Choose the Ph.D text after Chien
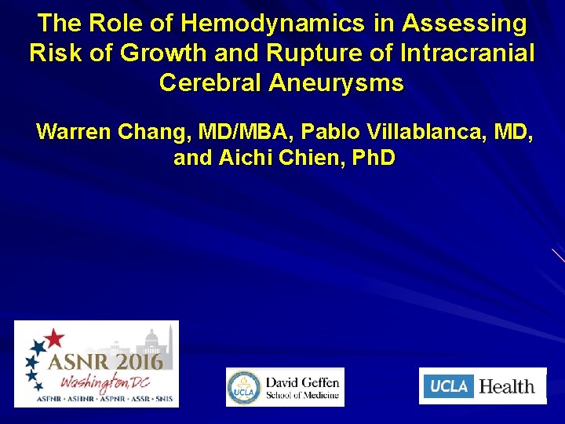tap(374, 158)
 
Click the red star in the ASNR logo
tap(53, 338)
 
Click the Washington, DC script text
tap(110, 382)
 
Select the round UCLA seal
tap(244, 388)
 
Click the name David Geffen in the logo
tap(302, 382)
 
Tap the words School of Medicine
tap(302, 395)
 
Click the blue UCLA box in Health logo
tap(449, 386)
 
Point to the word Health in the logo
tap(507, 386)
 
